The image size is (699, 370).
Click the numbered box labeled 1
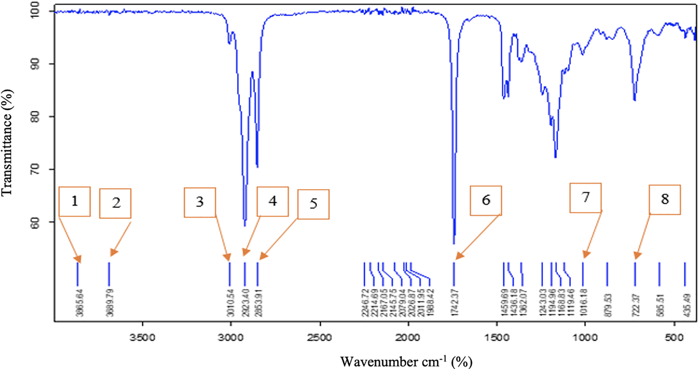(74, 201)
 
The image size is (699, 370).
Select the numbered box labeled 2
(115, 203)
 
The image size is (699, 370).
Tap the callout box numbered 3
(200, 202)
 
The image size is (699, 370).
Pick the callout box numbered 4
(273, 201)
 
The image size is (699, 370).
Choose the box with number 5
(313, 204)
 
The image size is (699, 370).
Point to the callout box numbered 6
(486, 200)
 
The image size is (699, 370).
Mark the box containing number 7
(585, 198)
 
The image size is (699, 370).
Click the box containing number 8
(665, 200)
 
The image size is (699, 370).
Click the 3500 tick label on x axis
(143, 337)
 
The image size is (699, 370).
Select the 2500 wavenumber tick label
(320, 337)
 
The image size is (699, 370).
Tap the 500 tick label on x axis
(674, 337)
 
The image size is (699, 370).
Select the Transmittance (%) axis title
(8, 143)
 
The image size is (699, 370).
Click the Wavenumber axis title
(406, 361)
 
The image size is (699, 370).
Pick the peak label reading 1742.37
(455, 303)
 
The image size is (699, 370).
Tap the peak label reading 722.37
(636, 305)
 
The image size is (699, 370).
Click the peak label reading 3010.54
(231, 303)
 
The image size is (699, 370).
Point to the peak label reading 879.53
(608, 305)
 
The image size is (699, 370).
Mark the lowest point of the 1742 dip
(454, 243)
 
